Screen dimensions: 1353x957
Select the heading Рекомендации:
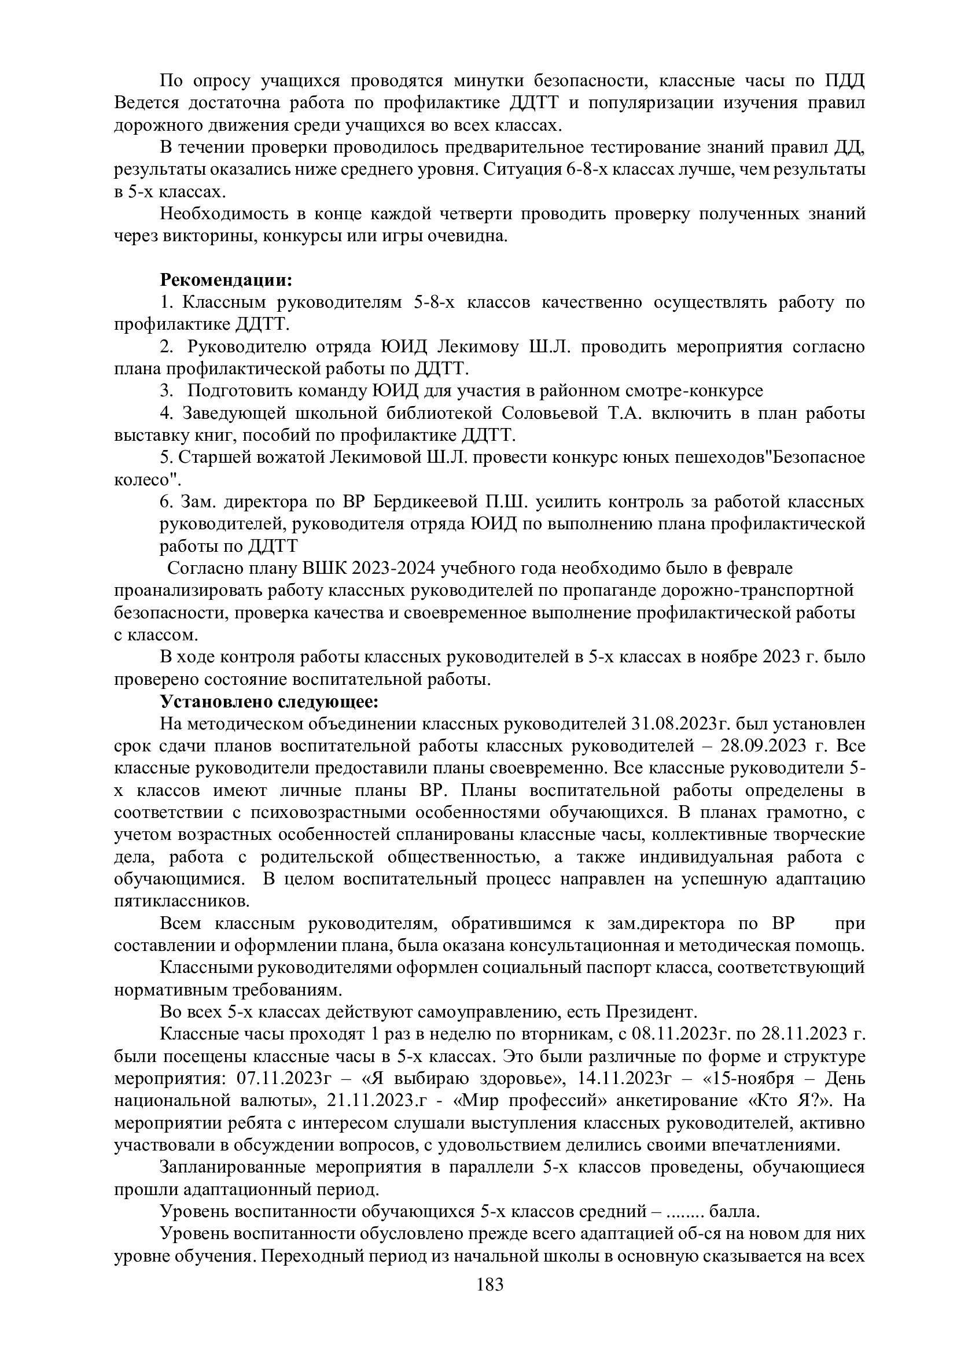coord(226,279)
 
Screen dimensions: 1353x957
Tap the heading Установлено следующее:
coord(268,702)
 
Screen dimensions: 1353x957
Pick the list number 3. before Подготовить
coord(167,390)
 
